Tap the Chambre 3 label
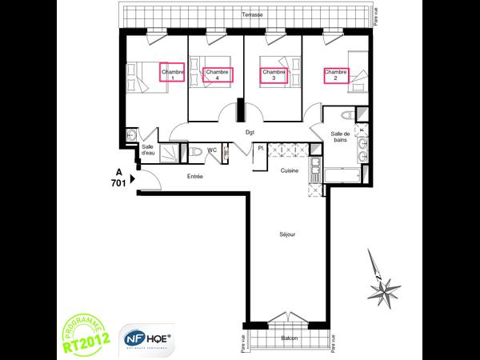[x=274, y=75]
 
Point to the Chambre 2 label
[x=336, y=75]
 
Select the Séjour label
[x=287, y=235]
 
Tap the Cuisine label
[x=289, y=171]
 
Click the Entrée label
[x=194, y=176]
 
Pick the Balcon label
[x=289, y=338]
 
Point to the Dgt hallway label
[x=250, y=134]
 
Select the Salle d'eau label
[x=148, y=150]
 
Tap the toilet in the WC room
[x=195, y=152]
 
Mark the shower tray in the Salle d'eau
[x=170, y=152]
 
